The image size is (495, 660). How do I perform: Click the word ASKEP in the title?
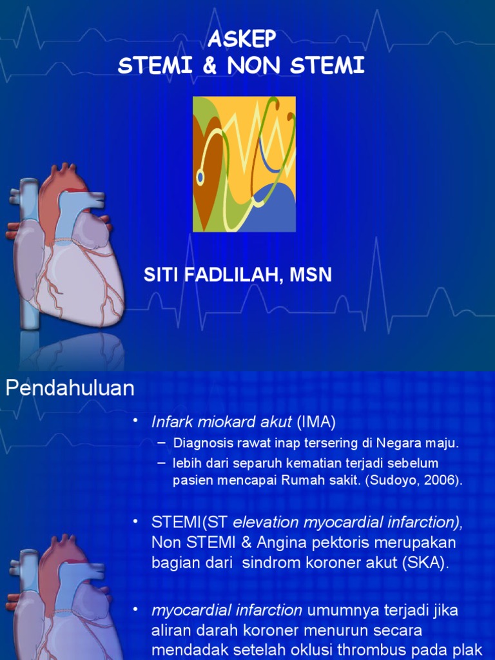[242, 40]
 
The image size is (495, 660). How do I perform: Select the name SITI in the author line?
[162, 276]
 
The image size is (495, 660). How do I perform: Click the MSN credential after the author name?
[311, 276]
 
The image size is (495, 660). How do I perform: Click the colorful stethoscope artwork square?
[244, 164]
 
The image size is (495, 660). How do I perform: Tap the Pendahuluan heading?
[70, 388]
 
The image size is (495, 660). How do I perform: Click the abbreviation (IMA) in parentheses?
[316, 422]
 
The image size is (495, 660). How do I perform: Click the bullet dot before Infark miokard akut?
[135, 422]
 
